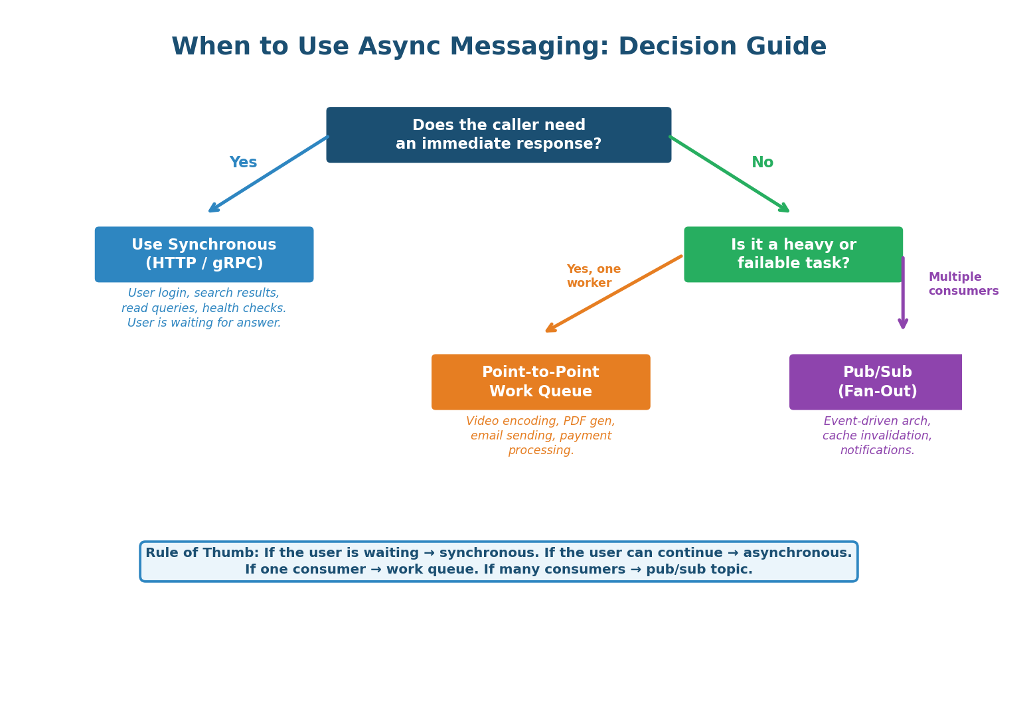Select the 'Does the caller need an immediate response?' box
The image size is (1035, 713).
[x=499, y=135]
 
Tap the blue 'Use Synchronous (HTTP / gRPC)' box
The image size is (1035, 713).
[x=204, y=254]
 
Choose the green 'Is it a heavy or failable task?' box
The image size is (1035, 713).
[x=793, y=254]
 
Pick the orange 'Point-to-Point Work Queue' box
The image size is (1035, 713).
[x=540, y=382]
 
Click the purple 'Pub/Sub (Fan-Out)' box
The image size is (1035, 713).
[x=876, y=382]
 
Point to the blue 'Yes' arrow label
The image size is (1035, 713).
[x=243, y=163]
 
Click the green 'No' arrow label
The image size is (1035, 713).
[x=762, y=163]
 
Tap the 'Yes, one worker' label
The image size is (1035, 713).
[x=593, y=276]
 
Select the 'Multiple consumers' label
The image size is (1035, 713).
[x=963, y=284]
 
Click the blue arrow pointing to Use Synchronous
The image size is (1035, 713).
[x=268, y=175]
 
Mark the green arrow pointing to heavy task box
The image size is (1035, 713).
[x=729, y=174]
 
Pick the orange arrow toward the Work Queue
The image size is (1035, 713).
[x=613, y=293]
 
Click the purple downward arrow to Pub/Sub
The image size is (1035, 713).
[x=903, y=292]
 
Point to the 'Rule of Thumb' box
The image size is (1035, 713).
[x=499, y=562]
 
